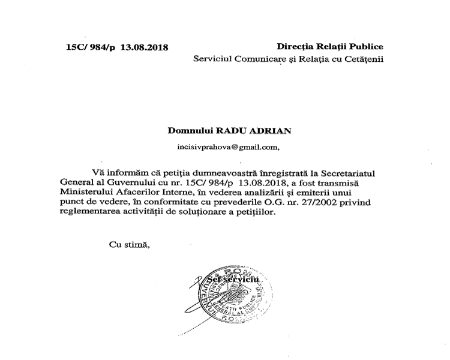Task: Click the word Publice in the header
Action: (x=364, y=47)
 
